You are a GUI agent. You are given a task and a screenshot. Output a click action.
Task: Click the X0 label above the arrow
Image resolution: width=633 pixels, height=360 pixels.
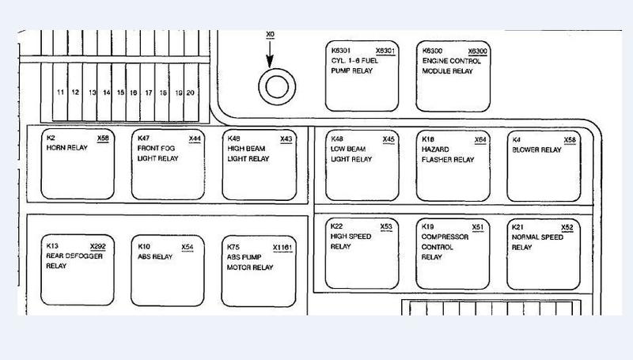click(270, 34)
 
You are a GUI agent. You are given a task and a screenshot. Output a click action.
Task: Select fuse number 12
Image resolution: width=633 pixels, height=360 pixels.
click(75, 92)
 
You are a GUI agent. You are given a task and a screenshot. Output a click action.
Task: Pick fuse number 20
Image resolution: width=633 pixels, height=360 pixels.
click(190, 93)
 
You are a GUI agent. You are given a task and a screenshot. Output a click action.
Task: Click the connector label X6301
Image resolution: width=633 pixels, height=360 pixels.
click(385, 51)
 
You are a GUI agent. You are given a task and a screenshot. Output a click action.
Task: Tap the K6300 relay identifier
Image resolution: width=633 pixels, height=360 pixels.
click(432, 51)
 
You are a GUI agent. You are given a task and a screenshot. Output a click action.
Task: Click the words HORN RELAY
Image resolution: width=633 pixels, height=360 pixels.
click(67, 148)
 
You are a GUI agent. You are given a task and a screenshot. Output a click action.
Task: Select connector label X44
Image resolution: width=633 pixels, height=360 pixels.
click(195, 138)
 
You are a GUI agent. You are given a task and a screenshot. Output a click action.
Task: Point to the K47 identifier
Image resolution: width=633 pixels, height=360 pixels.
click(143, 138)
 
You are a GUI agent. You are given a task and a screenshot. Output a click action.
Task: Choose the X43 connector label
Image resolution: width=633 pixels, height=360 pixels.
click(286, 138)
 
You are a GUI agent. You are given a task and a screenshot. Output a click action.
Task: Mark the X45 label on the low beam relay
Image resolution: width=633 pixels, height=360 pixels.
click(389, 139)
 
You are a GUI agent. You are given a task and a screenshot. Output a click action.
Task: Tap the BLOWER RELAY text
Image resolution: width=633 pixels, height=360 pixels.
click(537, 150)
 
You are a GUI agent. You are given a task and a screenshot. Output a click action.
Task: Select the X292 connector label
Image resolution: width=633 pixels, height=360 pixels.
click(97, 247)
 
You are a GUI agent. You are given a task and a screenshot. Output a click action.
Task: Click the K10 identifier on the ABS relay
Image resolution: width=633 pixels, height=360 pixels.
click(144, 247)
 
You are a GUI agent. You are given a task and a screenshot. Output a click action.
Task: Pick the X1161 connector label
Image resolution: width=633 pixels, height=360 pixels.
click(282, 248)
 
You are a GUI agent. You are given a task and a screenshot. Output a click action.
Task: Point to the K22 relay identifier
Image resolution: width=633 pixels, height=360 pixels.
click(336, 226)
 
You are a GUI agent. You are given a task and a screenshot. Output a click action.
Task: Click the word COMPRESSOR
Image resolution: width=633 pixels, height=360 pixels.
click(445, 237)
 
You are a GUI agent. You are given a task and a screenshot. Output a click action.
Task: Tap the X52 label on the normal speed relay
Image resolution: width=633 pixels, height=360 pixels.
click(567, 227)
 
